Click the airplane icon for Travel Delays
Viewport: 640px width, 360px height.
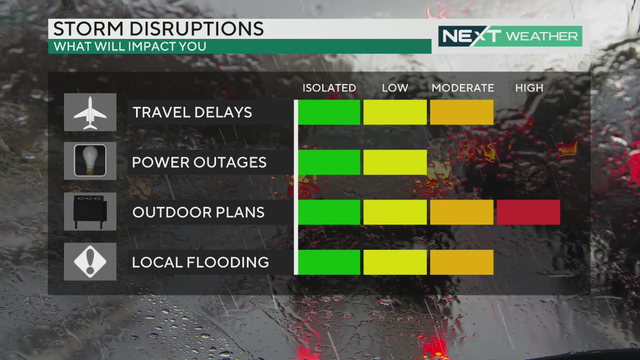[89, 112]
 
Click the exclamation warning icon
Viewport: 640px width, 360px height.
[89, 262]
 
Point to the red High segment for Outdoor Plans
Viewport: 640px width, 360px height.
[528, 212]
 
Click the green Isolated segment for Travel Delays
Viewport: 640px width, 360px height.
[329, 112]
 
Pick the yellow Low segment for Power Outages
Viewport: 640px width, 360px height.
[395, 162]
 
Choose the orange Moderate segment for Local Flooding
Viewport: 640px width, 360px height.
[461, 262]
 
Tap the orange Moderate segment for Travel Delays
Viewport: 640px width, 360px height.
[461, 112]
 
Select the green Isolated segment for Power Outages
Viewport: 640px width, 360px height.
[329, 162]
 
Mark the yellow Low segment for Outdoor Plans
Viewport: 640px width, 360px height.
[395, 212]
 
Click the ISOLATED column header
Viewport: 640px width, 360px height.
[329, 88]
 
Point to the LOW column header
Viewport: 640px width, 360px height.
[395, 88]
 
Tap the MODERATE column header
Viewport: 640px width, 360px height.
[462, 88]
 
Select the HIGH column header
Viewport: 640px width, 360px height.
[529, 88]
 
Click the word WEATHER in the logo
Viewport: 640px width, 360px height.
[542, 37]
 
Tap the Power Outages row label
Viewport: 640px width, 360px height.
[199, 162]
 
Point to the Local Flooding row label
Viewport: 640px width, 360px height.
[200, 262]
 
